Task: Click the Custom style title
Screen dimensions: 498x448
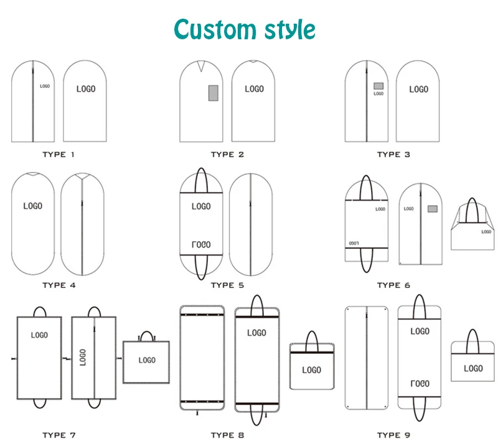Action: coord(245,29)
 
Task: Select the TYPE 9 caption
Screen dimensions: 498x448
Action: coord(393,434)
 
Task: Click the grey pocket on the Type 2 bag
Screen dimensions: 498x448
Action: coord(214,93)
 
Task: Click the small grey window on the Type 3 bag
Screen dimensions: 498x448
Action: coord(378,86)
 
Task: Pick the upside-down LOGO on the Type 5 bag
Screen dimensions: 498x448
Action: coord(201,245)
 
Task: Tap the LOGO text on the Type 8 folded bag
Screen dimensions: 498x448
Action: coord(311,369)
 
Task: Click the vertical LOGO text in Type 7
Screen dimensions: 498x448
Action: coord(83,357)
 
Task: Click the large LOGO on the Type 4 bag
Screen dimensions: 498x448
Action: coord(33,206)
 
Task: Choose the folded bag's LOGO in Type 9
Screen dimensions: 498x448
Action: coord(473,368)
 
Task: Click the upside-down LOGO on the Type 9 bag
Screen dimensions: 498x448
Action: coord(420,383)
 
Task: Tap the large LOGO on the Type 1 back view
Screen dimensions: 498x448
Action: coord(86,89)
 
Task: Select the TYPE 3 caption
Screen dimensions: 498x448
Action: coord(393,154)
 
